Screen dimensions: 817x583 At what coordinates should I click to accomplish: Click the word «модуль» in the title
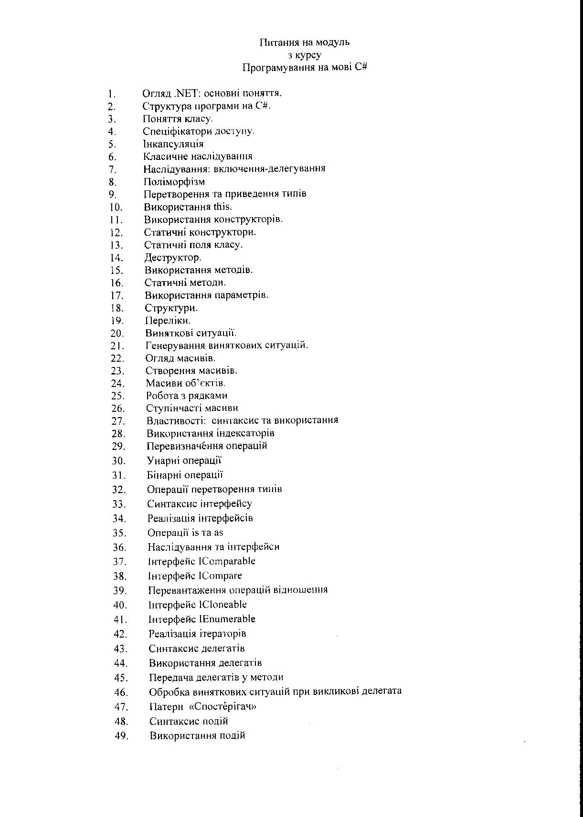click(x=331, y=42)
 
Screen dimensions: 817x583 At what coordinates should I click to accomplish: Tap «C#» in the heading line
click(x=361, y=67)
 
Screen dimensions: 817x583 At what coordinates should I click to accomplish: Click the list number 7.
click(x=113, y=169)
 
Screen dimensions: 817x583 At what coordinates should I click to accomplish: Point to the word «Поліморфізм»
click(x=174, y=182)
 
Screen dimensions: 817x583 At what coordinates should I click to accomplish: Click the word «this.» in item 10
click(x=223, y=207)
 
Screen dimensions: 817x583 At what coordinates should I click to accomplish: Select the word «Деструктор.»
click(x=173, y=258)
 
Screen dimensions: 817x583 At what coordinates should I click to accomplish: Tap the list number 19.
click(x=117, y=321)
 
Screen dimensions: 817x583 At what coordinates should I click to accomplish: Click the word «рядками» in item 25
click(x=210, y=396)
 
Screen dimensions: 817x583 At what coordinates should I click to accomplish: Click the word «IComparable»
click(x=227, y=561)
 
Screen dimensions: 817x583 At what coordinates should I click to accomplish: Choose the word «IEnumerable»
click(x=227, y=619)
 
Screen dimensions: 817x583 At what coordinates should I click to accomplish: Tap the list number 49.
click(x=121, y=736)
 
